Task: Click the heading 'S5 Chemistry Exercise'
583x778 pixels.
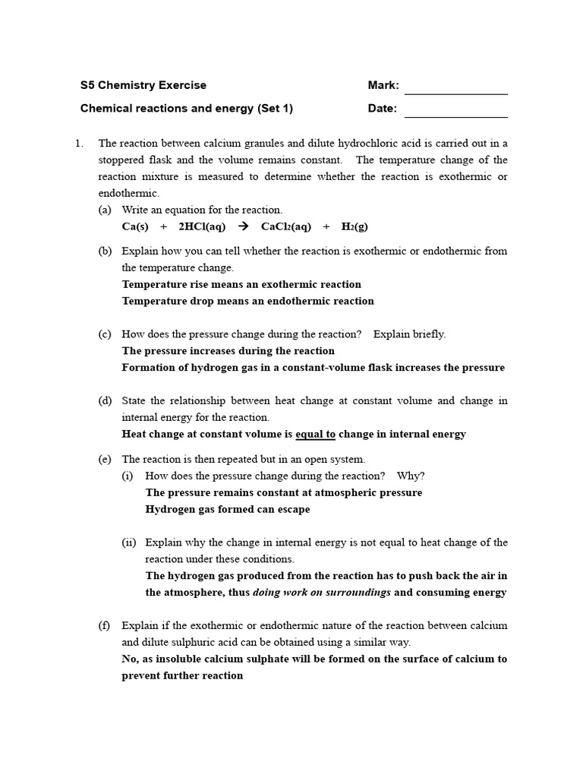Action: coord(143,85)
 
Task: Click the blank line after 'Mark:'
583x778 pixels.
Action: coord(455,90)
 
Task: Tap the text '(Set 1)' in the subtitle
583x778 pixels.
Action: coord(275,108)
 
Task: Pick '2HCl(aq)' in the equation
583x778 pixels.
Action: coord(202,226)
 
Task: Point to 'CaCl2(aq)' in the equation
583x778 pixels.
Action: coord(285,226)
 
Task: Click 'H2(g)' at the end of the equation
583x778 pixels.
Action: coord(355,226)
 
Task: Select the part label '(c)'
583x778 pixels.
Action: coord(105,334)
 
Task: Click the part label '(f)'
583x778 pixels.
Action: coord(104,626)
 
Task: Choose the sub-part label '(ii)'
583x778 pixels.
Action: coord(129,542)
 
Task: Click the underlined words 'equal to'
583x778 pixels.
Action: coord(315,435)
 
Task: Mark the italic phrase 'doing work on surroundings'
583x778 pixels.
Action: coord(322,593)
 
